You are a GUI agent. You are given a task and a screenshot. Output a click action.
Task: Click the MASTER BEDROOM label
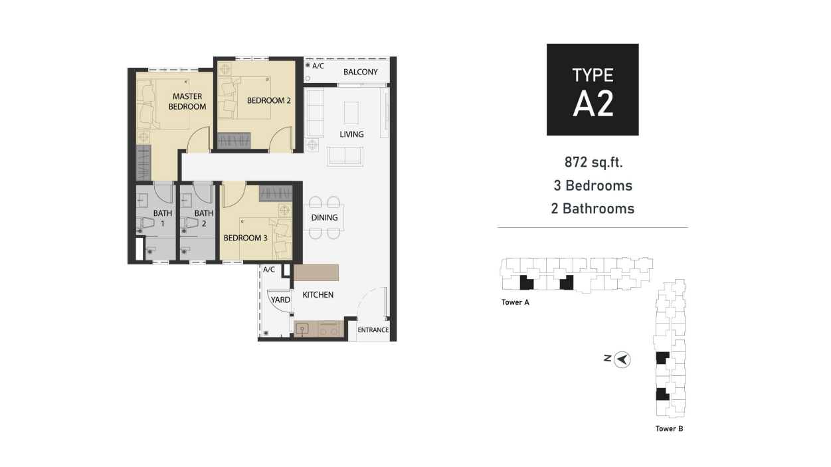click(187, 102)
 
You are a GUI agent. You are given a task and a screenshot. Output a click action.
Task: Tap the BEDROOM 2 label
click(269, 101)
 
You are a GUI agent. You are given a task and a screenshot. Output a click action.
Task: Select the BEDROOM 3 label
click(245, 238)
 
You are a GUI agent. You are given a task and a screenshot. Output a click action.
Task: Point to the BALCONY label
click(360, 72)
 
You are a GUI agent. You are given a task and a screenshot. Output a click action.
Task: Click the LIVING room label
click(351, 134)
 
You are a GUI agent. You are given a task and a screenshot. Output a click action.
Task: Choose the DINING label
click(324, 217)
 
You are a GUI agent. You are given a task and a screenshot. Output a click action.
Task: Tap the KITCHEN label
click(318, 294)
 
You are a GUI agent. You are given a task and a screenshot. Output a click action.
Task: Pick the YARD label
click(280, 300)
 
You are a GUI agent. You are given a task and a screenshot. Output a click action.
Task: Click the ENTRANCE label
click(373, 330)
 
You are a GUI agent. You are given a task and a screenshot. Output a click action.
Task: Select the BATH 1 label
click(162, 219)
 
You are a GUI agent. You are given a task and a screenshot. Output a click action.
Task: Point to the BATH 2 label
click(204, 219)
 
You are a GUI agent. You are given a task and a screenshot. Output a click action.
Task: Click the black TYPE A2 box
click(592, 90)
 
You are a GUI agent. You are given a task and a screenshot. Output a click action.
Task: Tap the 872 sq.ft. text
click(592, 162)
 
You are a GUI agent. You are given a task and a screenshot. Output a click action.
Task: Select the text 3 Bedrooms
click(592, 185)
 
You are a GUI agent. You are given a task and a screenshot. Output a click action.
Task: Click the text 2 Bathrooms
click(592, 209)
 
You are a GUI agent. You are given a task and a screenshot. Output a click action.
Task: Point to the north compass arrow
click(622, 359)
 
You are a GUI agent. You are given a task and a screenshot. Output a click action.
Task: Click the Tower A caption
click(515, 302)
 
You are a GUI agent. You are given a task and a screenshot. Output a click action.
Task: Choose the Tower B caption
click(669, 428)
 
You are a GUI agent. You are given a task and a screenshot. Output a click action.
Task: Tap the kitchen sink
click(302, 328)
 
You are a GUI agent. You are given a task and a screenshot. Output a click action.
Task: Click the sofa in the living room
click(345, 156)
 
